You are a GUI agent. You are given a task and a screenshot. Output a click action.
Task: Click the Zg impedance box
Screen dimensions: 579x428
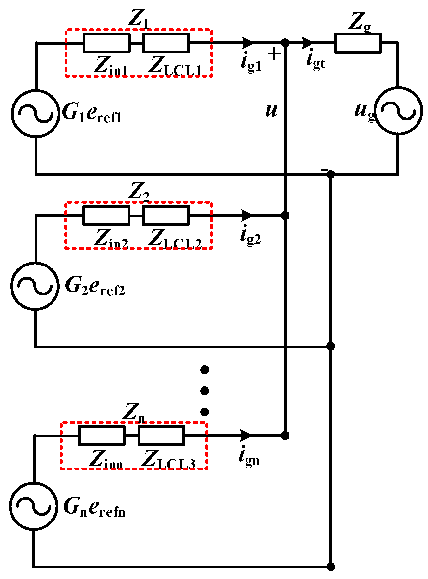[358, 43]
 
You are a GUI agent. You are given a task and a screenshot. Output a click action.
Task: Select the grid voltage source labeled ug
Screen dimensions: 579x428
[398, 111]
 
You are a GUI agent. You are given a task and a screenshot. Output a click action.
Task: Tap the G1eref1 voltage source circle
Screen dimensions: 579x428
[36, 113]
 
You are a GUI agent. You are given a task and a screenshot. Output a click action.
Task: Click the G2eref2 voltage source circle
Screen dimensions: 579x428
[35, 286]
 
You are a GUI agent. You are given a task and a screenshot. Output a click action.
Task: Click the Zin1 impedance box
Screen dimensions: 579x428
[106, 43]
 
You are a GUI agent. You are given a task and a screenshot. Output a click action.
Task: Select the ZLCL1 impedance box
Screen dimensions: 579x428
[166, 43]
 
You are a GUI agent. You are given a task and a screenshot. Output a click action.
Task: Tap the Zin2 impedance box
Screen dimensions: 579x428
[106, 216]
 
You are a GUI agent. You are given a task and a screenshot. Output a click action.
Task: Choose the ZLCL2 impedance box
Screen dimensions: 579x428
[166, 216]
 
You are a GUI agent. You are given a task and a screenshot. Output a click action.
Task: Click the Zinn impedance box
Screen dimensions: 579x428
[102, 435]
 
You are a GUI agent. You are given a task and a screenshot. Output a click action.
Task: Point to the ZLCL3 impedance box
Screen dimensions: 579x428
[161, 435]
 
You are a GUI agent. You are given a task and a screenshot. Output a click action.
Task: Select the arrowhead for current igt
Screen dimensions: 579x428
[307, 42]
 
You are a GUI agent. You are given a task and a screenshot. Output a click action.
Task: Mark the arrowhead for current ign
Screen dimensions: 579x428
[246, 435]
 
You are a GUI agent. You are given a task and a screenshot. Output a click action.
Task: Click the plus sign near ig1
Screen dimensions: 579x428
[274, 54]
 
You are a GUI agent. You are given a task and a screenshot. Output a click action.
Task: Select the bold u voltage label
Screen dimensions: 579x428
[271, 110]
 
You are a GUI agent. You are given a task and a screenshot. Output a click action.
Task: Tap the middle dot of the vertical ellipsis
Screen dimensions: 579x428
[204, 391]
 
